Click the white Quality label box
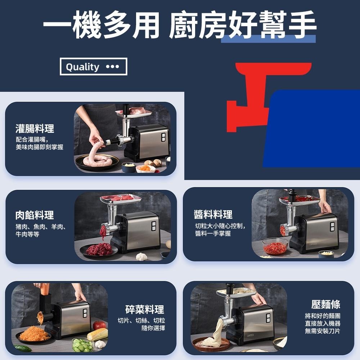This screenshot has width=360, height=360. tap(93, 67)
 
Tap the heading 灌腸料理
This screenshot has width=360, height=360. tap(35, 129)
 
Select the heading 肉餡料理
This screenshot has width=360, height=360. tap(34, 215)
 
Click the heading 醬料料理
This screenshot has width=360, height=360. tap(213, 215)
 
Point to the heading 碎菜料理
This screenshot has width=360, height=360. tap(144, 309)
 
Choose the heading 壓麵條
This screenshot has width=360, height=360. tap(325, 305)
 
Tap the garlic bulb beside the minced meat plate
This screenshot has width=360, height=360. tap(141, 256)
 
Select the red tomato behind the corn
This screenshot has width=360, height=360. tap(99, 325)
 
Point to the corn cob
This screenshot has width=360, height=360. tap(98, 334)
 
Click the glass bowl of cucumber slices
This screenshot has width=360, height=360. tap(82, 345)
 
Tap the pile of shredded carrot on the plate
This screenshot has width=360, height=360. tap(33, 334)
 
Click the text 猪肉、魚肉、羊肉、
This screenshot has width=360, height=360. tap(40, 226)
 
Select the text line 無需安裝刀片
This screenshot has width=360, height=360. tap(322, 331)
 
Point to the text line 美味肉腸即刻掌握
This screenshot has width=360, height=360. tap(40, 147)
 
